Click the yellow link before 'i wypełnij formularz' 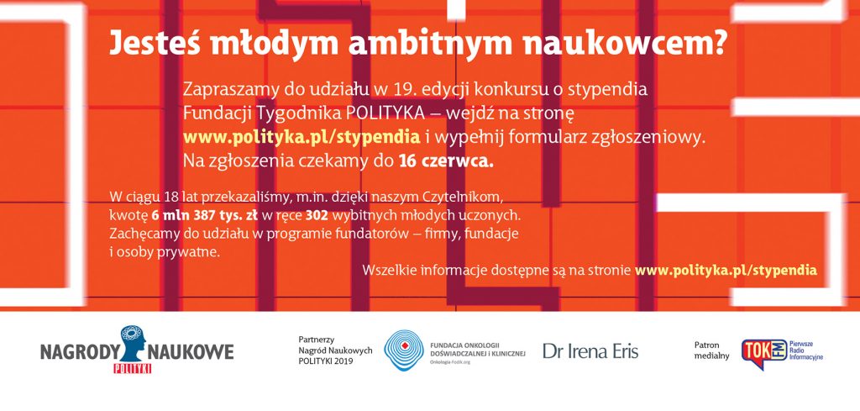tap(302, 138)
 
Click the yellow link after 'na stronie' tap(726, 271)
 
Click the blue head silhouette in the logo tap(131, 344)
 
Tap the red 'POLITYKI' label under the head tap(132, 369)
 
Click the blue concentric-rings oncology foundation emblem tap(404, 350)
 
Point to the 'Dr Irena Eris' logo tap(590, 351)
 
